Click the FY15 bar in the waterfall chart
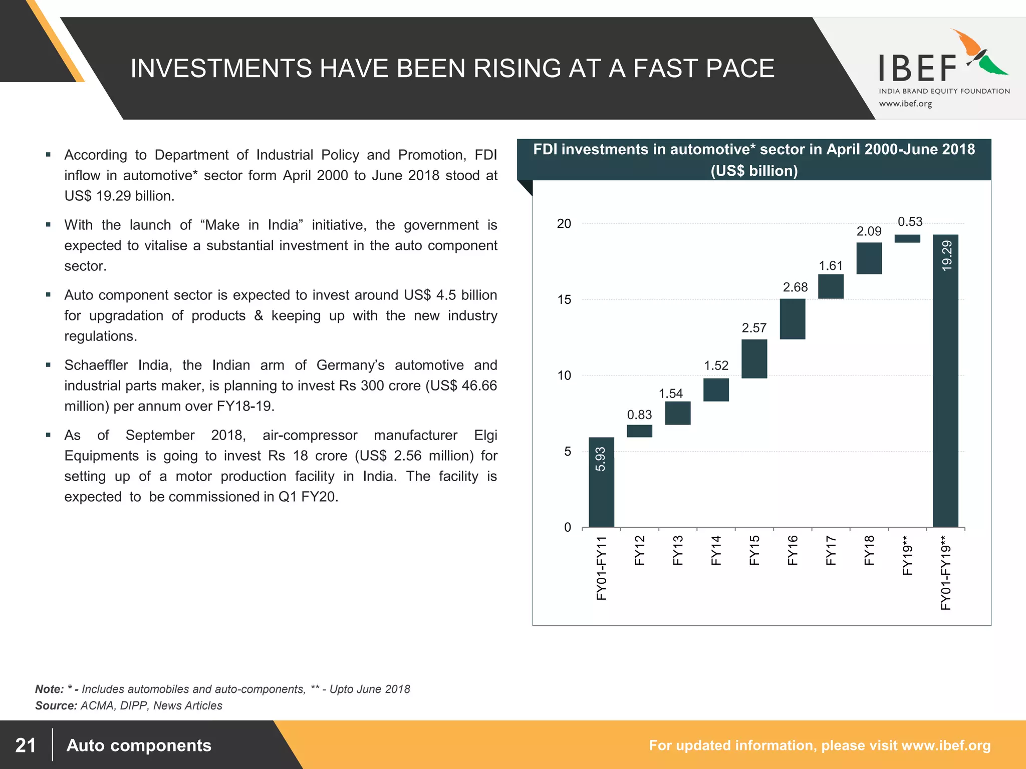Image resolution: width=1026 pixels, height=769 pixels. pos(754,359)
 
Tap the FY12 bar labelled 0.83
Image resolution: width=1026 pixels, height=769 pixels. pos(639,431)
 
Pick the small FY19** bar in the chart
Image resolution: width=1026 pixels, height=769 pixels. pos(907,239)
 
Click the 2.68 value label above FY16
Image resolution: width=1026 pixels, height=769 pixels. pos(795,287)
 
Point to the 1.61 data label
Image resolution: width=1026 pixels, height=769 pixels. pos(831,266)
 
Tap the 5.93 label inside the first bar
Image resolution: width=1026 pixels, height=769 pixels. pos(601,459)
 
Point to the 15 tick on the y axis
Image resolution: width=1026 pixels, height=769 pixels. pos(564,300)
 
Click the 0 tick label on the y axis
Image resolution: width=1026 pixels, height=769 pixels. pos(568,527)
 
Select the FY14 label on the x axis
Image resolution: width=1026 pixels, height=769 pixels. pos(716,550)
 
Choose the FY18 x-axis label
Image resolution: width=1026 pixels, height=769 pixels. pos(869,550)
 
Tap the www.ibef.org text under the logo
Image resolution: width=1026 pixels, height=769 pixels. pos(905,104)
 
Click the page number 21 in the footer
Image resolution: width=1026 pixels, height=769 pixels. pos(26,745)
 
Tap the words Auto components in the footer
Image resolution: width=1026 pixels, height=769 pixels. pos(139,745)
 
